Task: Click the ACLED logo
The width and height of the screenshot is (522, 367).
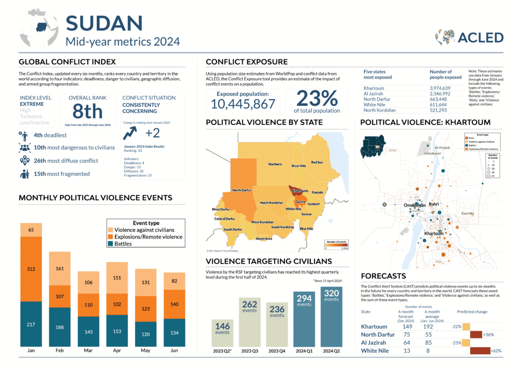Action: coord(469,37)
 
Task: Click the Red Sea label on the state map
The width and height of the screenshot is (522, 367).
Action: coord(317,162)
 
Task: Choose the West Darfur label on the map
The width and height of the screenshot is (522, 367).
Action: coord(221,209)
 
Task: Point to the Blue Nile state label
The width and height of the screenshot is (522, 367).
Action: coord(306,229)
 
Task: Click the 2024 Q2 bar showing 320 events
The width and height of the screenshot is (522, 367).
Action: coord(331,316)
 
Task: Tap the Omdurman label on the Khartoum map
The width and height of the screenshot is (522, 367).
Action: coord(414,205)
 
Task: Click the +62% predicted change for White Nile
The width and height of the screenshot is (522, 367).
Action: coord(495,351)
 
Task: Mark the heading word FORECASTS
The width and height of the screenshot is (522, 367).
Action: coord(384,276)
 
